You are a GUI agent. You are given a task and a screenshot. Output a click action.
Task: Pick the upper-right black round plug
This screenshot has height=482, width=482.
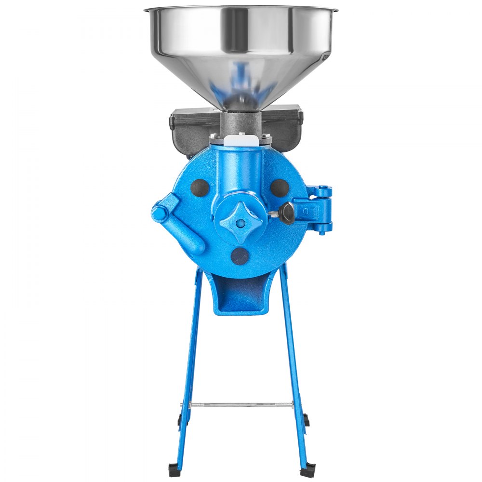click(x=280, y=187)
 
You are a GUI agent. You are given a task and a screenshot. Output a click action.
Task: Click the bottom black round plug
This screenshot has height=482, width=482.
click(x=240, y=256)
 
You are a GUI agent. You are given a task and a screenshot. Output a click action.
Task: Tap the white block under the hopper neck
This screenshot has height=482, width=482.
click(x=240, y=140)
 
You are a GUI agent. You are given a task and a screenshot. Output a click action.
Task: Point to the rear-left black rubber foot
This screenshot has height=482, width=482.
click(x=181, y=420)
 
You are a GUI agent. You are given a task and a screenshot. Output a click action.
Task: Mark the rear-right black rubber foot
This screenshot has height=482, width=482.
click(x=306, y=420)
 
